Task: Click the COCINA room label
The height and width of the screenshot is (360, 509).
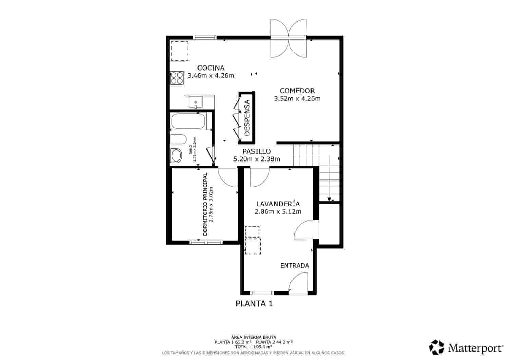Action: click(211, 68)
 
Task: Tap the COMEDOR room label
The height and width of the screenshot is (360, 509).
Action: click(297, 91)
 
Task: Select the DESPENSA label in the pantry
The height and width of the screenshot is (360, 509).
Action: click(247, 117)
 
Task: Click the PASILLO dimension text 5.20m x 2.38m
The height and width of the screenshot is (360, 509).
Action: click(257, 159)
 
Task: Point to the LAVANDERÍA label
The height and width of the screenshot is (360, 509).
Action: click(278, 204)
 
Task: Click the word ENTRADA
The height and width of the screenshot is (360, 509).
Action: click(295, 266)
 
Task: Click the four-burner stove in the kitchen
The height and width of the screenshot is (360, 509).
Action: click(176, 78)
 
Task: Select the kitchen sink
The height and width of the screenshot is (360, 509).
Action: click(196, 102)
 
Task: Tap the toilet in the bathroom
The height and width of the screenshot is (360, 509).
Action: click(178, 139)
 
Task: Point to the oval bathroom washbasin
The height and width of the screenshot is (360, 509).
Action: click(177, 156)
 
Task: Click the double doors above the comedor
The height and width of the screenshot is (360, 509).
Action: click(289, 38)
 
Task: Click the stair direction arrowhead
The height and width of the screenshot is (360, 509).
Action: click(329, 199)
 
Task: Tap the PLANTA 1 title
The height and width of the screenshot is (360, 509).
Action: click(254, 304)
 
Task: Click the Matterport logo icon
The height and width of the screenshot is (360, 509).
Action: click(436, 347)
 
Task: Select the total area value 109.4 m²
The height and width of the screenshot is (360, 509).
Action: click(263, 347)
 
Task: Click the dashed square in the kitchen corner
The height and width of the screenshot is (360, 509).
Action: click(179, 51)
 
